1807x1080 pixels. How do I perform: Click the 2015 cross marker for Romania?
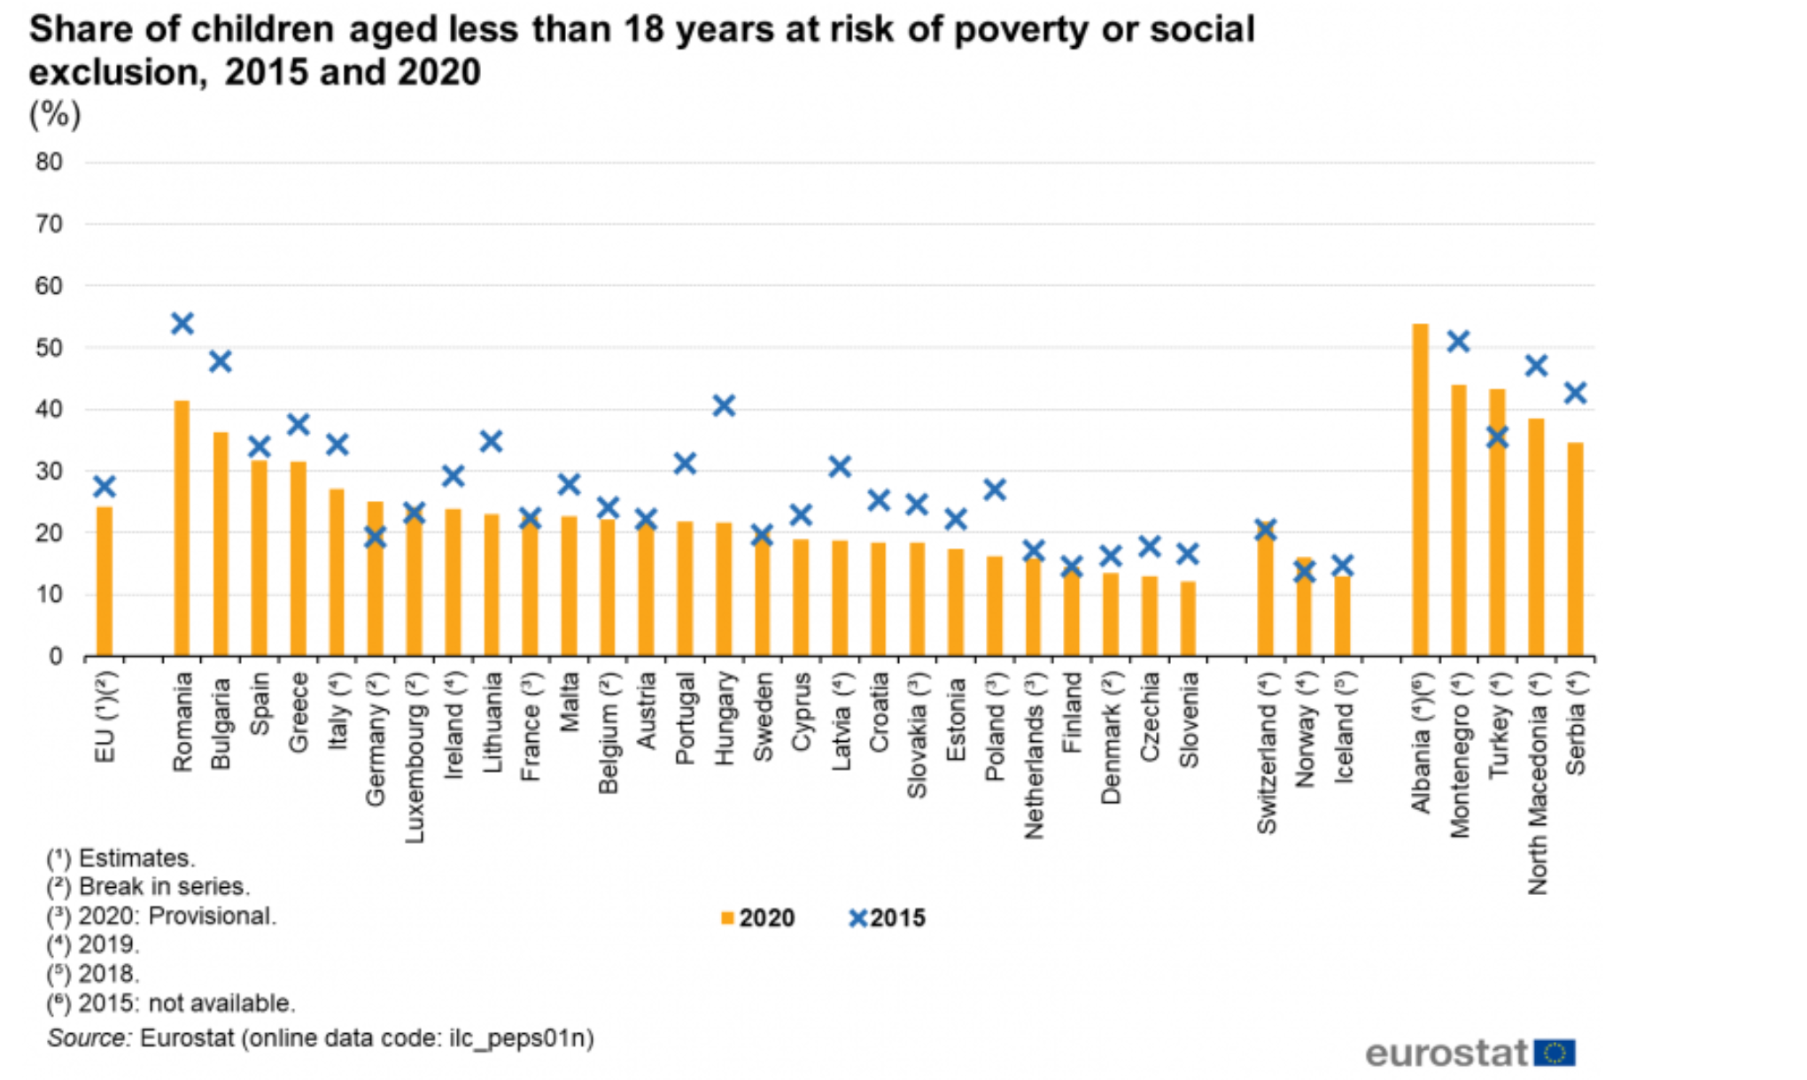click(182, 323)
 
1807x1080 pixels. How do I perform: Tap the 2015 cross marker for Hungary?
click(724, 406)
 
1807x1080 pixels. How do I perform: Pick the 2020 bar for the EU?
click(105, 581)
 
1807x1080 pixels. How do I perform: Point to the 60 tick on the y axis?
click(50, 286)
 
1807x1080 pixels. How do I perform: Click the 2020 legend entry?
click(759, 918)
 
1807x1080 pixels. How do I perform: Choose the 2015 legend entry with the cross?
click(888, 918)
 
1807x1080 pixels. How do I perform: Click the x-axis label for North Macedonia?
click(1537, 783)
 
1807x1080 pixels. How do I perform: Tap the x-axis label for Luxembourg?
click(415, 757)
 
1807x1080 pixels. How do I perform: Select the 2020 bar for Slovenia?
click(1188, 619)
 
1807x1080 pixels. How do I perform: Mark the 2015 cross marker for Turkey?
click(1497, 437)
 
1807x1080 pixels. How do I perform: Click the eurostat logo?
click(1470, 1053)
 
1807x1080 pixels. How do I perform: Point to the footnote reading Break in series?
click(149, 887)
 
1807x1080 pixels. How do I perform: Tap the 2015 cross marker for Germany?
click(376, 536)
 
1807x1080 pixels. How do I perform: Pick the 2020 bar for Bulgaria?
click(221, 544)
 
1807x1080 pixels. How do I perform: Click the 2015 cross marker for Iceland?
click(1343, 565)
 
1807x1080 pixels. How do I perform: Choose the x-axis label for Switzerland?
click(1266, 752)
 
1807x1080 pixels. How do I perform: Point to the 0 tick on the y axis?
click(56, 657)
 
